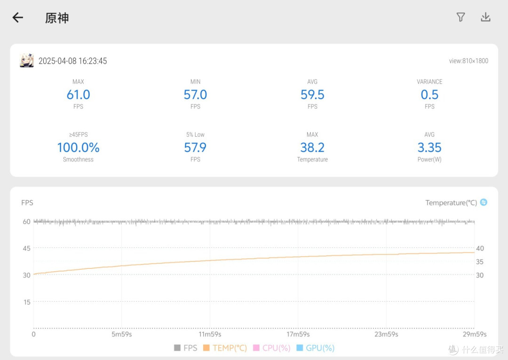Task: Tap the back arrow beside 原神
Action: (x=18, y=17)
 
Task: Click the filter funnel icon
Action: (x=460, y=17)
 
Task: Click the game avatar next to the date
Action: (x=26, y=61)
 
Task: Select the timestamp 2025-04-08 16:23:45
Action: (x=72, y=61)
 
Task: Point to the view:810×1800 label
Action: (x=468, y=61)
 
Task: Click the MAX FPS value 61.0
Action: (x=79, y=94)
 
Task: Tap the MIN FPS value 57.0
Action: (x=195, y=94)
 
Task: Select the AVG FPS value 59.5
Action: (x=312, y=94)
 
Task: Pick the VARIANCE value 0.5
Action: (x=429, y=94)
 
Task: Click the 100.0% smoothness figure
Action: (x=79, y=148)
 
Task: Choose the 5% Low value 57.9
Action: (x=195, y=148)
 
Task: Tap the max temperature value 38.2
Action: (x=312, y=148)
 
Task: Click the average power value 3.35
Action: (x=429, y=148)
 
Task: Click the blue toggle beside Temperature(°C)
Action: (x=484, y=203)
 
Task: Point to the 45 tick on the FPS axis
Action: (x=26, y=248)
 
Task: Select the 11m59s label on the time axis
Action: (x=210, y=334)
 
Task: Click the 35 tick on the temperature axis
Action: (x=480, y=262)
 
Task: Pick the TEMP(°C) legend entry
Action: (x=225, y=348)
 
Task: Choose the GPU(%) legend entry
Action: (x=316, y=348)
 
